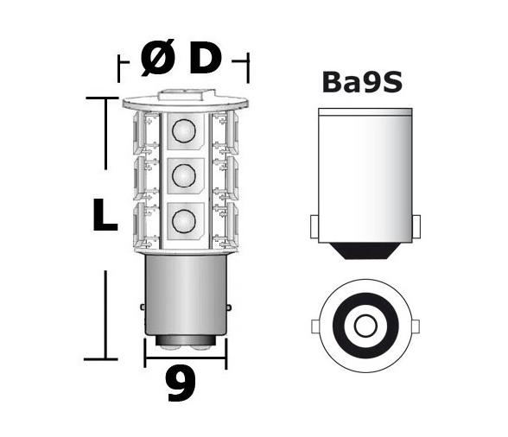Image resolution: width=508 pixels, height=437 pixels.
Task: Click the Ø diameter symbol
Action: point(157,60)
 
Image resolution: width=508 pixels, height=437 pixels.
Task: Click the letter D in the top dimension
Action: point(205,60)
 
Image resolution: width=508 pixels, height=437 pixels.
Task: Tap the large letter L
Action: point(105,216)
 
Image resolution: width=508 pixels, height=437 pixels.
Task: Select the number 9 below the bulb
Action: point(181,385)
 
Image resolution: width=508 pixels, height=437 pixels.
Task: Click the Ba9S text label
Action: point(363,82)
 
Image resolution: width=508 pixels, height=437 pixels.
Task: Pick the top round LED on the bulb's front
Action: point(183,131)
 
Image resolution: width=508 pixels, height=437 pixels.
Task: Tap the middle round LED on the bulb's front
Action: point(183,176)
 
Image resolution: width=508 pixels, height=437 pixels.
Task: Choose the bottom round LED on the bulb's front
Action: point(183,221)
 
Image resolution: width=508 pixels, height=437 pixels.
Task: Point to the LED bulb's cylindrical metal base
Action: point(184,298)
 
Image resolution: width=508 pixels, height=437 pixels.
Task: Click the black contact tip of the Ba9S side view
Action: point(364,251)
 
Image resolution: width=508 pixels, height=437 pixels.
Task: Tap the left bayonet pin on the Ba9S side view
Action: point(314,227)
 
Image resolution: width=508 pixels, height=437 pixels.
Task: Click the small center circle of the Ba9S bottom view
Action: point(364,326)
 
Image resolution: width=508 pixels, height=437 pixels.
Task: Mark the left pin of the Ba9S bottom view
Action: point(314,326)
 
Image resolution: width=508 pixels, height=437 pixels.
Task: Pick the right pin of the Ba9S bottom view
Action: point(414,326)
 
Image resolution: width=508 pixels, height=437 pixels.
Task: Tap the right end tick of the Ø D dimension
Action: point(248,66)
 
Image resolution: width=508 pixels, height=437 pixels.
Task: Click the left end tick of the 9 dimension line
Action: point(144,351)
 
